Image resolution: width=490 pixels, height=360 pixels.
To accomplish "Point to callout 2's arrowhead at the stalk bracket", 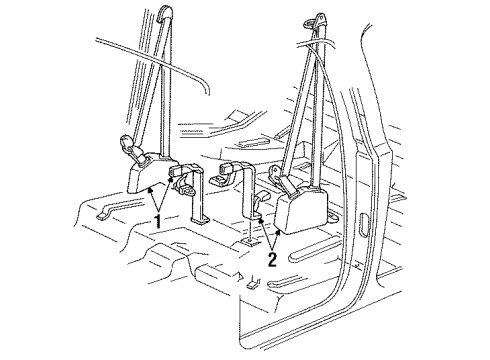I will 258,219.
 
